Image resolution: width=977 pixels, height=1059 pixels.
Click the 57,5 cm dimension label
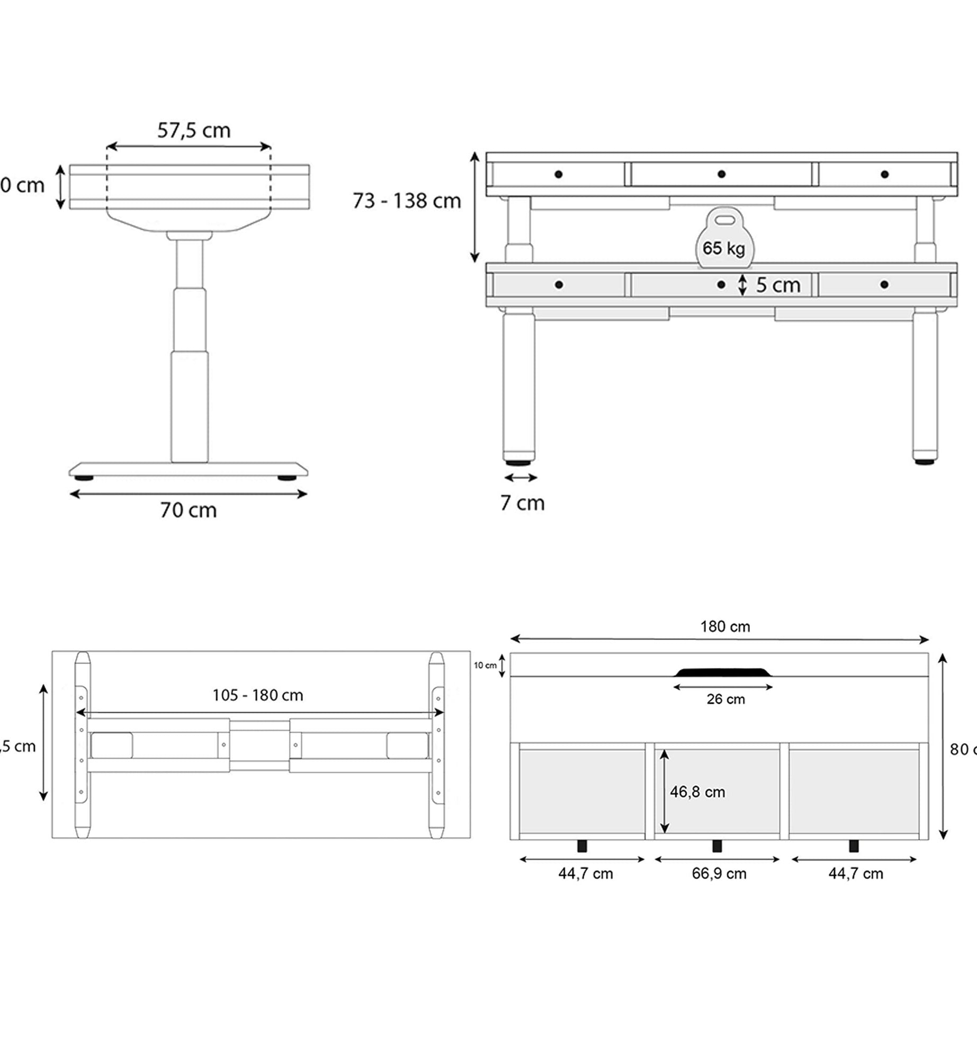[194, 130]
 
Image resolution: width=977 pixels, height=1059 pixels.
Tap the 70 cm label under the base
[189, 510]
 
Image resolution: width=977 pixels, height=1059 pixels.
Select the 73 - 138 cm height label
[407, 201]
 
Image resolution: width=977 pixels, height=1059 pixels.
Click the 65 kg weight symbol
[724, 241]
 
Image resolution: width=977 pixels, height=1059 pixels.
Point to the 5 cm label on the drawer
[777, 285]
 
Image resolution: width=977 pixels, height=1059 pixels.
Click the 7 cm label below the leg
[522, 503]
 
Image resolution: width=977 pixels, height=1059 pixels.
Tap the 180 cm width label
[725, 627]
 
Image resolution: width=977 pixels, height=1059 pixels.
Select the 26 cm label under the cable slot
[725, 699]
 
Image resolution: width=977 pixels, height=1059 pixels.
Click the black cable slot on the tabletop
[723, 672]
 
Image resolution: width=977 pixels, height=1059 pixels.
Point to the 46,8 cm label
[697, 792]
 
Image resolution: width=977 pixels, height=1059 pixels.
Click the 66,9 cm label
[719, 874]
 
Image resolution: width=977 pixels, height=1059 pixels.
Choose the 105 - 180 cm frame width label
[258, 695]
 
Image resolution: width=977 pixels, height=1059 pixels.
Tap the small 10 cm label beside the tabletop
[485, 666]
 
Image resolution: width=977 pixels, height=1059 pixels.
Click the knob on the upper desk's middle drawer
[721, 174]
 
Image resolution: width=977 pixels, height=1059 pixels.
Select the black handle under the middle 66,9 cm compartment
[717, 846]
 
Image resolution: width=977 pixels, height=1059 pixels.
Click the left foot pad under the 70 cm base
[84, 478]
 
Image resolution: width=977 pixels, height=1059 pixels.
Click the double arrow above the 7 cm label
[521, 478]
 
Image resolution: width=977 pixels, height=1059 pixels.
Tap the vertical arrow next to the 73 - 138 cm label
[475, 207]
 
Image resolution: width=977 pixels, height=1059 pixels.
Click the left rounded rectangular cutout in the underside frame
[112, 746]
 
